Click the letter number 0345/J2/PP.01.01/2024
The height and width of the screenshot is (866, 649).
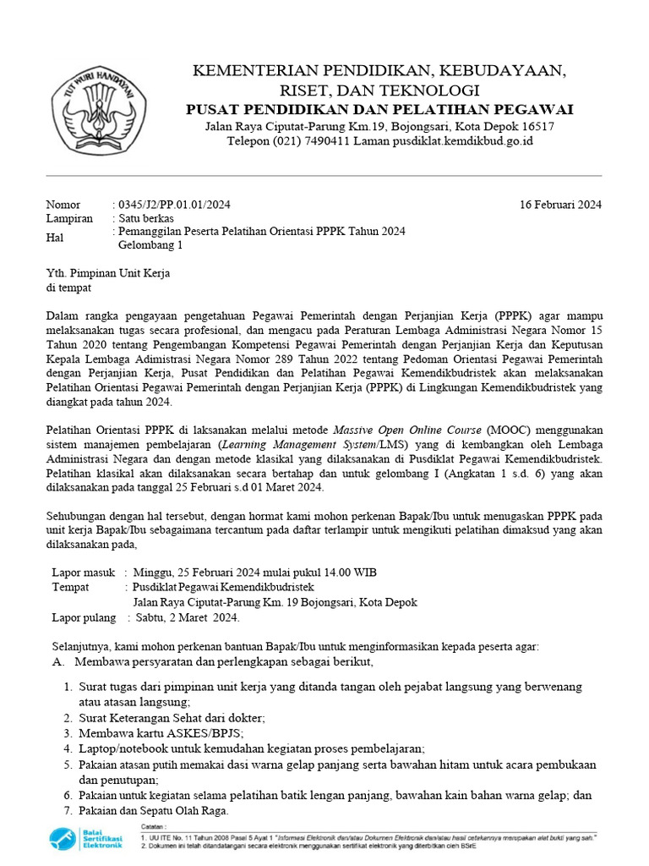(173, 205)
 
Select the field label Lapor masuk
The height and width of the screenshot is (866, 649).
(83, 572)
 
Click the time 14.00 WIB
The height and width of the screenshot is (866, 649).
(349, 572)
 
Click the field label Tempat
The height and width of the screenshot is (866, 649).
(70, 587)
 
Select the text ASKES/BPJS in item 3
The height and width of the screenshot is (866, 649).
(204, 732)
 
